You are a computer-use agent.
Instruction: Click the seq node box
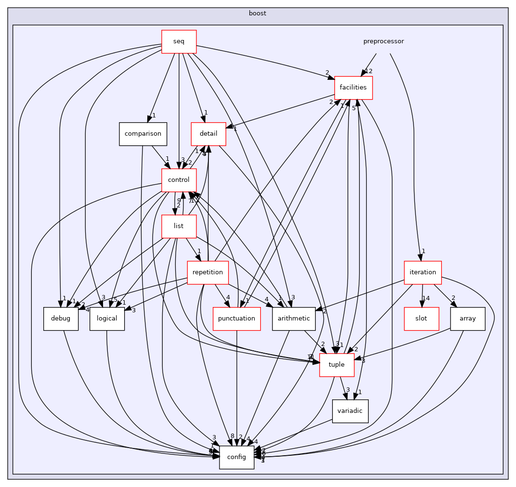pyautogui.click(x=179, y=41)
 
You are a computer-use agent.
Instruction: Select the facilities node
pyautogui.click(x=353, y=88)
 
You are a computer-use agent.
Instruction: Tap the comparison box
pyautogui.click(x=143, y=134)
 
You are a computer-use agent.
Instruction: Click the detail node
pyautogui.click(x=208, y=134)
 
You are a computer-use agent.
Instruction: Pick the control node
pyautogui.click(x=179, y=180)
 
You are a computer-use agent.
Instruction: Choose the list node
pyautogui.click(x=179, y=226)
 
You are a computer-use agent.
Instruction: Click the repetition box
pyautogui.click(x=207, y=272)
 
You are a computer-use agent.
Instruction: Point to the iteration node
pyautogui.click(x=423, y=272)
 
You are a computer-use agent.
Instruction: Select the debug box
pyautogui.click(x=61, y=319)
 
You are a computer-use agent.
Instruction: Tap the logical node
pyautogui.click(x=107, y=319)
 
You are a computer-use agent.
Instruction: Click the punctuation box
pyautogui.click(x=236, y=319)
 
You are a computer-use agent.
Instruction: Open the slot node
pyautogui.click(x=421, y=319)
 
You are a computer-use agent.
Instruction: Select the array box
pyautogui.click(x=467, y=319)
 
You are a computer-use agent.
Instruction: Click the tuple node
pyautogui.click(x=336, y=365)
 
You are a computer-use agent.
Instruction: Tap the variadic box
pyautogui.click(x=350, y=411)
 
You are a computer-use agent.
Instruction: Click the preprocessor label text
pyautogui.click(x=383, y=41)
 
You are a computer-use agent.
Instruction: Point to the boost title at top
pyautogui.click(x=258, y=13)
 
